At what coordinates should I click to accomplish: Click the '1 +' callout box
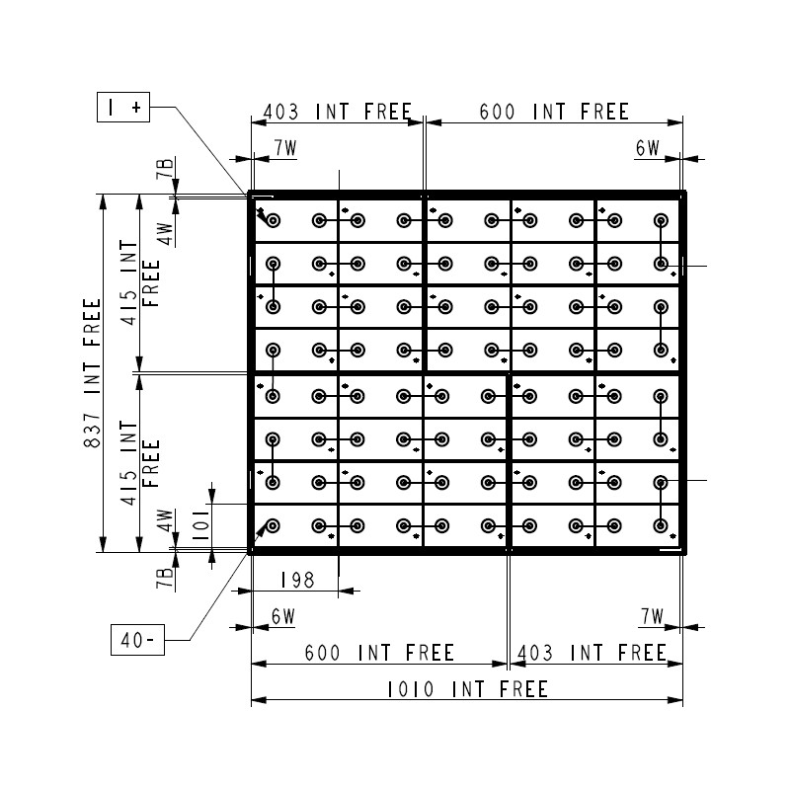(x=123, y=107)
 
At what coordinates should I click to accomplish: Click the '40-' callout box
(x=137, y=640)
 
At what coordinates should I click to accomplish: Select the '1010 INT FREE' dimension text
(x=467, y=689)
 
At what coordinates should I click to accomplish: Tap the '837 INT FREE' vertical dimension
(x=93, y=373)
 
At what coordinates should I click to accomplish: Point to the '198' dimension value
(x=297, y=580)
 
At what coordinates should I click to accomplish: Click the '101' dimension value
(x=201, y=524)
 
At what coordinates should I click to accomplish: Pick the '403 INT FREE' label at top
(x=338, y=112)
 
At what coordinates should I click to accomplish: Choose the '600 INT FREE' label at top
(x=554, y=112)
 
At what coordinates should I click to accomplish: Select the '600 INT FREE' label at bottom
(x=380, y=653)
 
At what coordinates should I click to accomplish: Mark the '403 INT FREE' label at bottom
(x=592, y=653)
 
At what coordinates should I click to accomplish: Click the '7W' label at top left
(x=285, y=148)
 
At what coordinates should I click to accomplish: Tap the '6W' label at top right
(x=648, y=148)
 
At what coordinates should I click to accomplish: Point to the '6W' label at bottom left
(x=283, y=616)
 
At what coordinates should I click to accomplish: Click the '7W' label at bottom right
(x=653, y=616)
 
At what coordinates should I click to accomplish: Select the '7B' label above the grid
(x=165, y=168)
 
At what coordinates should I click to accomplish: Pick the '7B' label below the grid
(x=165, y=579)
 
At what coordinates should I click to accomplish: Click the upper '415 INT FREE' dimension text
(x=139, y=282)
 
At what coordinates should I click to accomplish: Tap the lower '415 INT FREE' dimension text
(x=139, y=462)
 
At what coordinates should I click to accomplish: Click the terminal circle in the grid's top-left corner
(x=274, y=220)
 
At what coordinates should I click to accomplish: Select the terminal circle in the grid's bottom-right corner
(x=661, y=526)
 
